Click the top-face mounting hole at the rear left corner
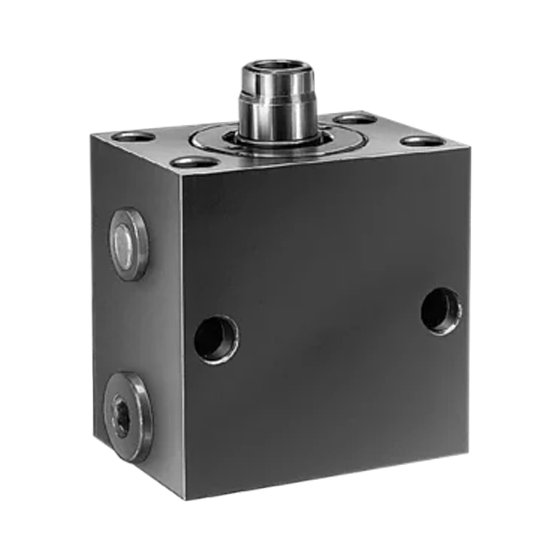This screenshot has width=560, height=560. (134, 137)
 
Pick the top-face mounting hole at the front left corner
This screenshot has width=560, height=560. (195, 163)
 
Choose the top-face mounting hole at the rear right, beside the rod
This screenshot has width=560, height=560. (355, 119)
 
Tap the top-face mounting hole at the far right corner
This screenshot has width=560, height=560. (423, 140)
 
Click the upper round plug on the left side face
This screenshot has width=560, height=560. (129, 244)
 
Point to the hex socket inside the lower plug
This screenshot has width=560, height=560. (122, 413)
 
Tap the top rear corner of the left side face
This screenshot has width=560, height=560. (91, 135)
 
